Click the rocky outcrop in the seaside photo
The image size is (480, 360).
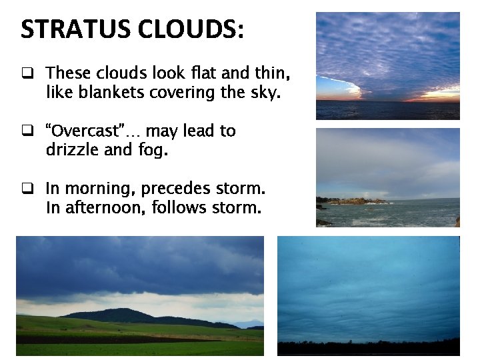coord(357,201)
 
